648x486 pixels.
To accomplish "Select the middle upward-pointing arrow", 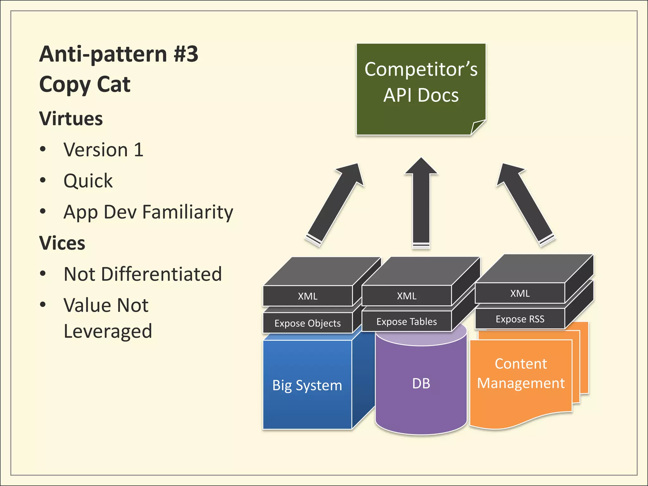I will click(x=421, y=202).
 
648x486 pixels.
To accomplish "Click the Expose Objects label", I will click(x=308, y=323).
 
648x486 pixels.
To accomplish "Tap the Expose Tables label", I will click(x=407, y=322).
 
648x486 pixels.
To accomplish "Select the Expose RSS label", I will click(x=520, y=319).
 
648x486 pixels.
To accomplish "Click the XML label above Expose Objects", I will click(x=308, y=296).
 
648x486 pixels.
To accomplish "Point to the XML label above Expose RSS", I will click(x=520, y=293).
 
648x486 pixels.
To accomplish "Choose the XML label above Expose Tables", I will click(x=407, y=296).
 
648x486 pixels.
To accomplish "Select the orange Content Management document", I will click(x=521, y=373).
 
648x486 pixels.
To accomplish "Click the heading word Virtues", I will click(x=71, y=119).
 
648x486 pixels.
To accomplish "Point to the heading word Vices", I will click(x=62, y=243).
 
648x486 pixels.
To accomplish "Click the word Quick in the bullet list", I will click(x=88, y=181).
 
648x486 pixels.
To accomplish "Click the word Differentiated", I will click(x=161, y=274).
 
